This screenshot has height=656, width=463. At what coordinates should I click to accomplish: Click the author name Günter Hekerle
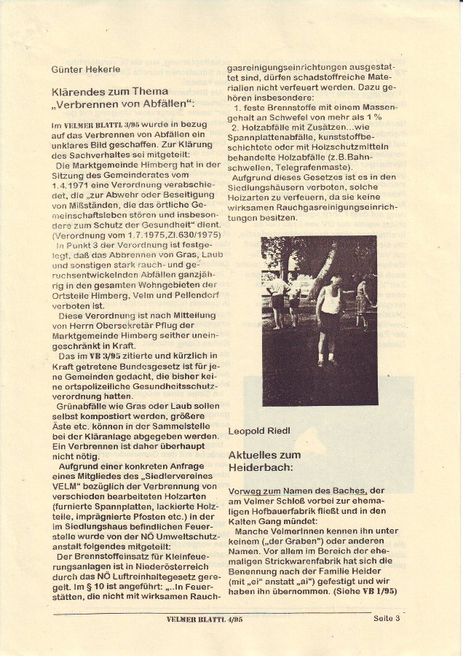[x=86, y=69]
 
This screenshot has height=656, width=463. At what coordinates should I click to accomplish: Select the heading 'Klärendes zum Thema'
[x=110, y=92]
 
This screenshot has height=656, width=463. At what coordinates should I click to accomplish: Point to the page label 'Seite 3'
[x=387, y=619]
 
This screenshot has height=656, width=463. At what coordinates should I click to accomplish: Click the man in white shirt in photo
[x=330, y=313]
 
